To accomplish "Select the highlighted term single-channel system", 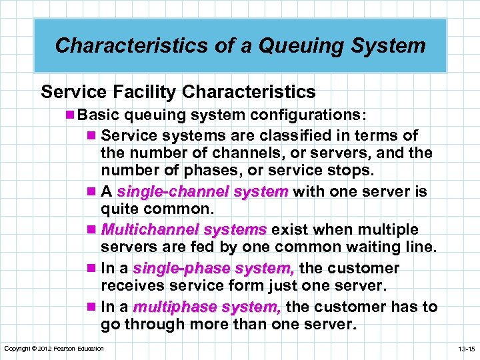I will click(202, 192).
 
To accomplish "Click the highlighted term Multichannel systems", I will click(183, 230).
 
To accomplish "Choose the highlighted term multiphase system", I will click(207, 307).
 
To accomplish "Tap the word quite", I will click(119, 210).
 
